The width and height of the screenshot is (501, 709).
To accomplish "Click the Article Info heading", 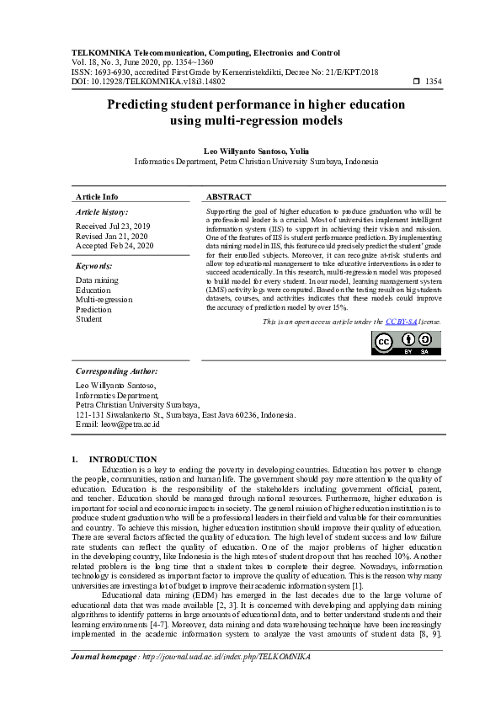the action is [x=97, y=196].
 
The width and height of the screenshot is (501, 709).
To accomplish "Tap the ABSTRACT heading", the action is [x=228, y=196].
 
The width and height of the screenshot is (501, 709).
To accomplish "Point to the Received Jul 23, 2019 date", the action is [x=113, y=227].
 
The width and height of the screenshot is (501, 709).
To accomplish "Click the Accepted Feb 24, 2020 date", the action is [x=115, y=246].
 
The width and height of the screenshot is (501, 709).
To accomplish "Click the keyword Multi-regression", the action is [x=104, y=299].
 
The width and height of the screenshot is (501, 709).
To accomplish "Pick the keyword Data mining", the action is [x=97, y=280].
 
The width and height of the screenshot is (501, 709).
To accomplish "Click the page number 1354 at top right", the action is [x=433, y=82].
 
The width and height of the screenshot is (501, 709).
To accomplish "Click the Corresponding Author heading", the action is [x=116, y=370].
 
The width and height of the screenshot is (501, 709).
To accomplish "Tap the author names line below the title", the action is [x=256, y=149].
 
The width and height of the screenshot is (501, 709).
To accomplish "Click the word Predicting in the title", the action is [x=139, y=105].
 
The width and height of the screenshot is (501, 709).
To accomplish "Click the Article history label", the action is [x=102, y=212].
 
